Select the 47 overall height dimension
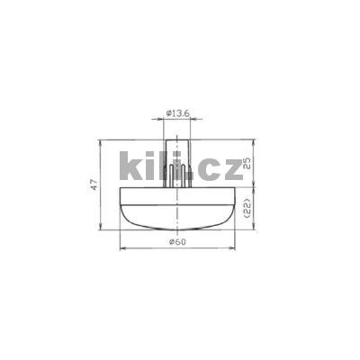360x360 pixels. pyautogui.click(x=93, y=184)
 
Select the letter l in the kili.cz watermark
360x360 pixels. pyautogui.click(x=170, y=167)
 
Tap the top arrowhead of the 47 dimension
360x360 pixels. pyautogui.click(x=100, y=140)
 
